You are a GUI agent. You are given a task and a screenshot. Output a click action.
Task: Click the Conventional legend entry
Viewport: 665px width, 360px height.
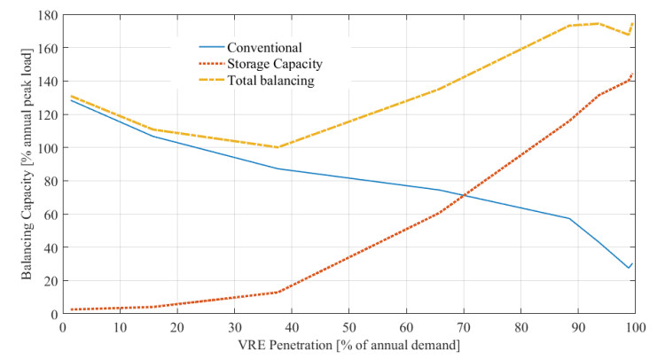[x=265, y=47]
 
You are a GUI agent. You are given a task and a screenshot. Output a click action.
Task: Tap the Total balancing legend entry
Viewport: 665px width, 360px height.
[x=271, y=81]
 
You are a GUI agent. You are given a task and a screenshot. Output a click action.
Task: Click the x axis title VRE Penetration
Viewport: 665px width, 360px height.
[x=348, y=343]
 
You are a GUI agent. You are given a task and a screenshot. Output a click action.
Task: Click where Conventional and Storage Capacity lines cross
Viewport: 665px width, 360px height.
[x=462, y=195]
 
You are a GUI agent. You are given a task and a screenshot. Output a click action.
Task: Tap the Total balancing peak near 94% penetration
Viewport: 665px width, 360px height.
[x=598, y=23]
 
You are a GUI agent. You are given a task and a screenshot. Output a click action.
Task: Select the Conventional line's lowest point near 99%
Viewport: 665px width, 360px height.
[x=629, y=268]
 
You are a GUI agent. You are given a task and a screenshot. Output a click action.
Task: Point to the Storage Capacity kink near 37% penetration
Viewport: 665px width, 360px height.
[x=277, y=292]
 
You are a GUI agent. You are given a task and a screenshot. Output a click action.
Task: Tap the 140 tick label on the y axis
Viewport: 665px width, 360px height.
[x=41, y=82]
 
